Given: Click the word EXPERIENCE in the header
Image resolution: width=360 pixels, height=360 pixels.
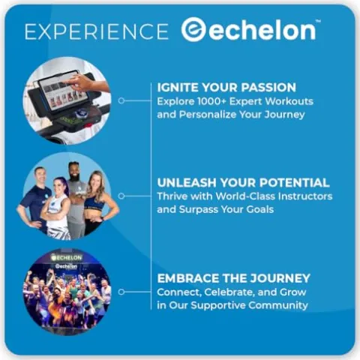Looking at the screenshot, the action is [x=97, y=31].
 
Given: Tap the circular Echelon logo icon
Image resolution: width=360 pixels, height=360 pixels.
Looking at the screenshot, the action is [x=193, y=29].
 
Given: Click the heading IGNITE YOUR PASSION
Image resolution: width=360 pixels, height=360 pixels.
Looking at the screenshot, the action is [x=226, y=88].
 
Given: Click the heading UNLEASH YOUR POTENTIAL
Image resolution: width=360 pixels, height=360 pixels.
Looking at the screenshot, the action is [x=243, y=183].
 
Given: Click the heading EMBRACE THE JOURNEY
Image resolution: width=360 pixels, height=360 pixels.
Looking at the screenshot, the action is [x=234, y=278].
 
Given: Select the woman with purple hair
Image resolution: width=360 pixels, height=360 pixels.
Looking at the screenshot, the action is [x=57, y=208].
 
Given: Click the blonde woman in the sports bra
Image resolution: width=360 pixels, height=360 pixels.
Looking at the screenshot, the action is [x=98, y=200].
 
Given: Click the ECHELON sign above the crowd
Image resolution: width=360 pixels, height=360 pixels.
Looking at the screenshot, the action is [x=67, y=257].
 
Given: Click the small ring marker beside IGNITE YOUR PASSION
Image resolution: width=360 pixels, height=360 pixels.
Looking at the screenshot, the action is [x=121, y=100].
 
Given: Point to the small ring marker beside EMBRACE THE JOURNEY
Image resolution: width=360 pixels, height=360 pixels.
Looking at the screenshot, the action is [x=121, y=292].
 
